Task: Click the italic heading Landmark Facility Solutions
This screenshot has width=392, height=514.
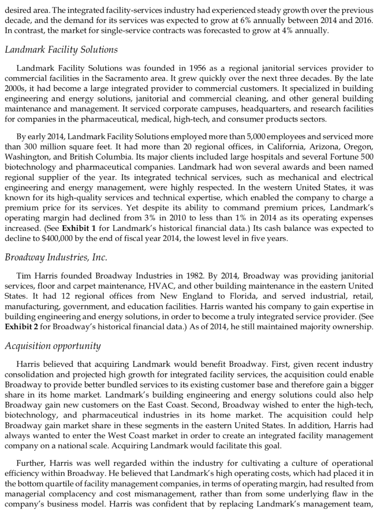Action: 61,49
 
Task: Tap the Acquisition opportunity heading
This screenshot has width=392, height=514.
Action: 53,346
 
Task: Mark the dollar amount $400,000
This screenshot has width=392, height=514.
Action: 79,238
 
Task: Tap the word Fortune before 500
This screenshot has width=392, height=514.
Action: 342,156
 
